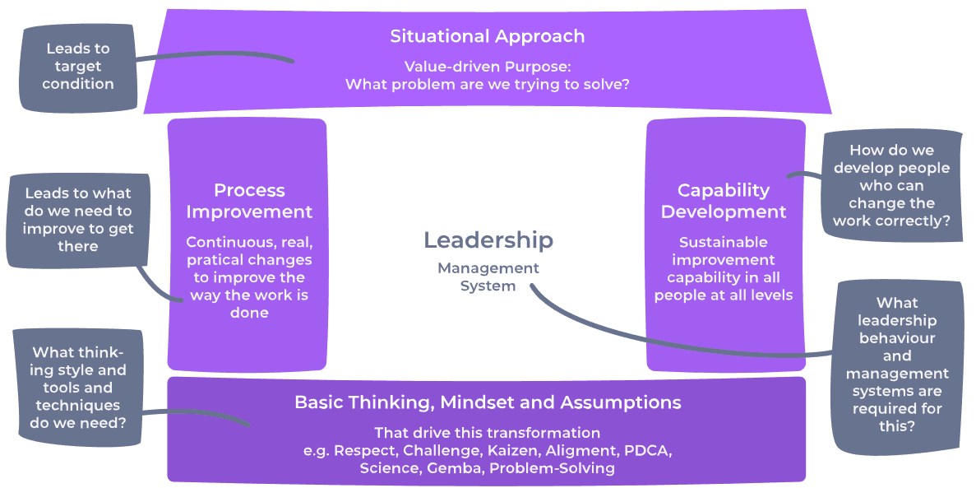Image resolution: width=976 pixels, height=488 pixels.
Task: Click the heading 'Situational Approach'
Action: (488, 36)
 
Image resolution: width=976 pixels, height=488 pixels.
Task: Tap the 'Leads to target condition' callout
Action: (78, 66)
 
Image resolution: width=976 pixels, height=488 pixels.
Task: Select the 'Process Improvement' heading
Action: (249, 201)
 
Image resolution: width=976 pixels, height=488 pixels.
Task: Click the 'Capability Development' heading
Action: (724, 201)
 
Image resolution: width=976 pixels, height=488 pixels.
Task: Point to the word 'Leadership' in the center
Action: (488, 240)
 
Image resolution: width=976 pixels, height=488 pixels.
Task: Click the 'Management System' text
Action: (488, 277)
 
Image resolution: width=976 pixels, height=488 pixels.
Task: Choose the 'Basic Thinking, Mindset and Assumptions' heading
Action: (488, 402)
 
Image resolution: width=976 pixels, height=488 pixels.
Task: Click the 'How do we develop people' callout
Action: (891, 186)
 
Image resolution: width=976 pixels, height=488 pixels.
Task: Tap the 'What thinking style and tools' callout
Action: (78, 388)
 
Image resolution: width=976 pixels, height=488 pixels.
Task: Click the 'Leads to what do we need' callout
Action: (78, 219)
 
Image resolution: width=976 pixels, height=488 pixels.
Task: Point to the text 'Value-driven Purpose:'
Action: (488, 67)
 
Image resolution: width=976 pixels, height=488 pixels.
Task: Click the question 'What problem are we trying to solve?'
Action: (488, 84)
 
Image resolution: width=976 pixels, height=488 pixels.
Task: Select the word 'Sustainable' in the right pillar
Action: (724, 242)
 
